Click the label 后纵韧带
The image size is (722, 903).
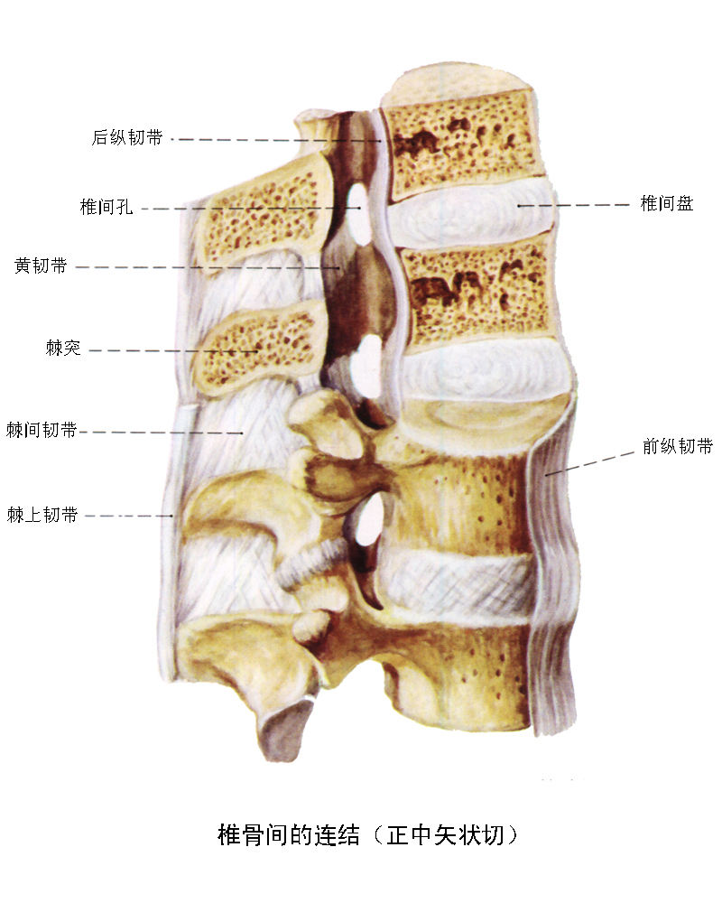127,137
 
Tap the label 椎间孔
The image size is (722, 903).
106,207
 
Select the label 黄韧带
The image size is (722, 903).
41,265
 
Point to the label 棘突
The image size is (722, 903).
63,348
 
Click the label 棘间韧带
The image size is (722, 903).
42,430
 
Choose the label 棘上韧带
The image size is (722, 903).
42,515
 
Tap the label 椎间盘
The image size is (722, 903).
667,203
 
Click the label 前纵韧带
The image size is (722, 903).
678,446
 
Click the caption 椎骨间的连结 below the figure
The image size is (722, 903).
289,835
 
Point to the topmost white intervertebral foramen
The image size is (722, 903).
360,213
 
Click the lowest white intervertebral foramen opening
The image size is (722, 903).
368,520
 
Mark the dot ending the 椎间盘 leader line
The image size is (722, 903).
519,205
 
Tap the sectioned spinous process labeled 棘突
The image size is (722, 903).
255,348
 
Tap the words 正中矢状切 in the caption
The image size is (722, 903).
445,835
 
